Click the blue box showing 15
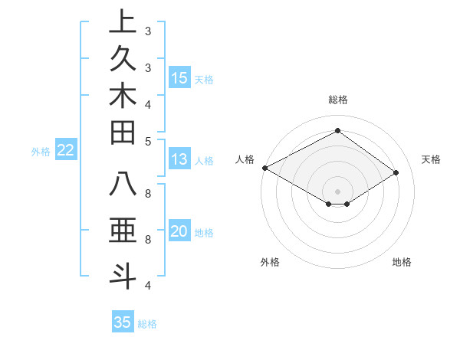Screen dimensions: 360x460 179,78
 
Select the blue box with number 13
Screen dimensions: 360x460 179,159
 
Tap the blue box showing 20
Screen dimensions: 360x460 179,232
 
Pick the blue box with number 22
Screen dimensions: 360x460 66,151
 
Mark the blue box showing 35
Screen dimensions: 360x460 123,322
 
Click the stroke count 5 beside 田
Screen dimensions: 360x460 148,141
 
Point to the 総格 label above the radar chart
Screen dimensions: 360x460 338,100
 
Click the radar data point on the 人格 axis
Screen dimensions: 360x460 264,168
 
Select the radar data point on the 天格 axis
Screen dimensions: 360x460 396,173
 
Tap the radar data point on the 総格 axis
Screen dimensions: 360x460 337,131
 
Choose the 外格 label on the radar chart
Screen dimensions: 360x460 270,263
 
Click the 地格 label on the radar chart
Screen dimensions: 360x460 402,263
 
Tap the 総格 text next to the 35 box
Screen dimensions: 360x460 147,324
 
